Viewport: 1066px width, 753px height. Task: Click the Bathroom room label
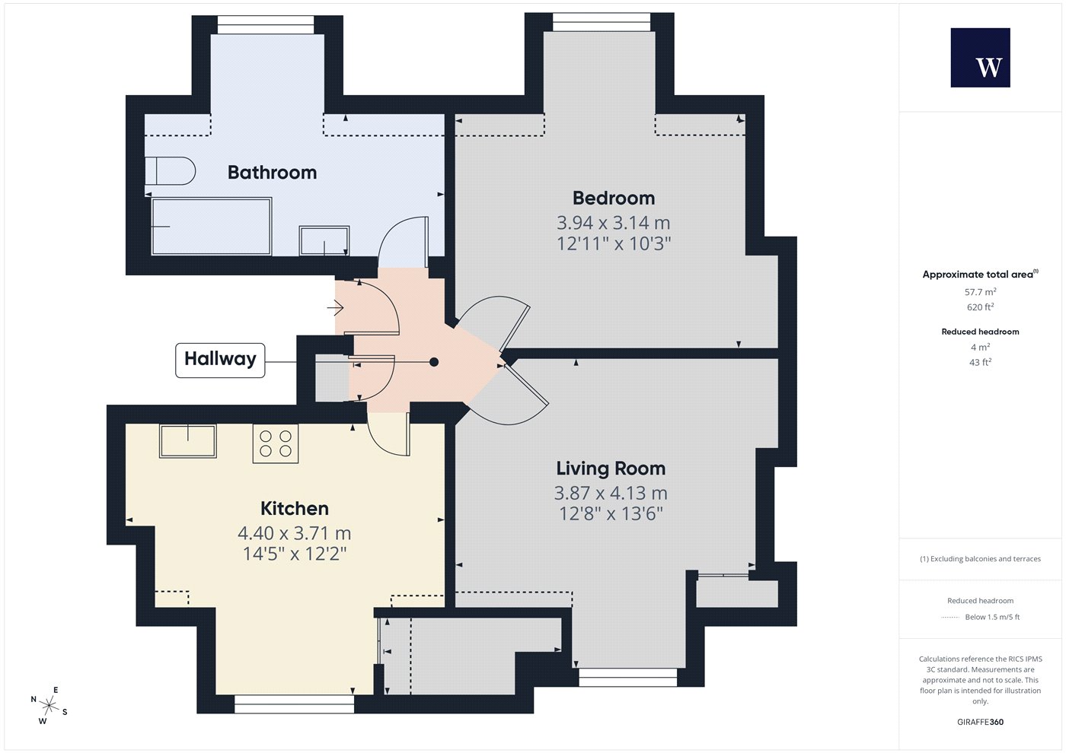click(273, 172)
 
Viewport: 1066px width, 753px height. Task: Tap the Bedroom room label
click(614, 198)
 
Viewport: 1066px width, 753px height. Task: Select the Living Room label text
click(611, 469)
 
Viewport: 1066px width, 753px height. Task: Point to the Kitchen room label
click(294, 508)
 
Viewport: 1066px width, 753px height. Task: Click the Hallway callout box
click(220, 361)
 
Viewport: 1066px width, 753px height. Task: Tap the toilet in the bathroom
click(170, 170)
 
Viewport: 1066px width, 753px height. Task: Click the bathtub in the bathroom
click(212, 227)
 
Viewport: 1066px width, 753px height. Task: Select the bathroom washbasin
click(324, 240)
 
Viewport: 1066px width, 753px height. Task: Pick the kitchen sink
click(188, 441)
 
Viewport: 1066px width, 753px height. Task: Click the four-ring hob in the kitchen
click(276, 443)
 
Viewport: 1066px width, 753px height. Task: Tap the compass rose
click(49, 706)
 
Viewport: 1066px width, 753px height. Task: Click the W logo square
click(981, 58)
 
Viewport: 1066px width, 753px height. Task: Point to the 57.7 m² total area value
click(981, 292)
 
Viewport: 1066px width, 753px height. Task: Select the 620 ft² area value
click(981, 307)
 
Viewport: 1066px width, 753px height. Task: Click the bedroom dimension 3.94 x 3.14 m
click(614, 222)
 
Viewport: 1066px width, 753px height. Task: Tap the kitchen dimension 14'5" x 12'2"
click(295, 554)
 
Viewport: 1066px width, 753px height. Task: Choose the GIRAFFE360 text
click(981, 722)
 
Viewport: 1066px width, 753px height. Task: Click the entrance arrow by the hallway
click(336, 307)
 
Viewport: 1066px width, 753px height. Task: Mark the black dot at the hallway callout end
click(434, 362)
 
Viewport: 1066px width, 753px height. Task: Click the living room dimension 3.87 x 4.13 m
click(611, 493)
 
